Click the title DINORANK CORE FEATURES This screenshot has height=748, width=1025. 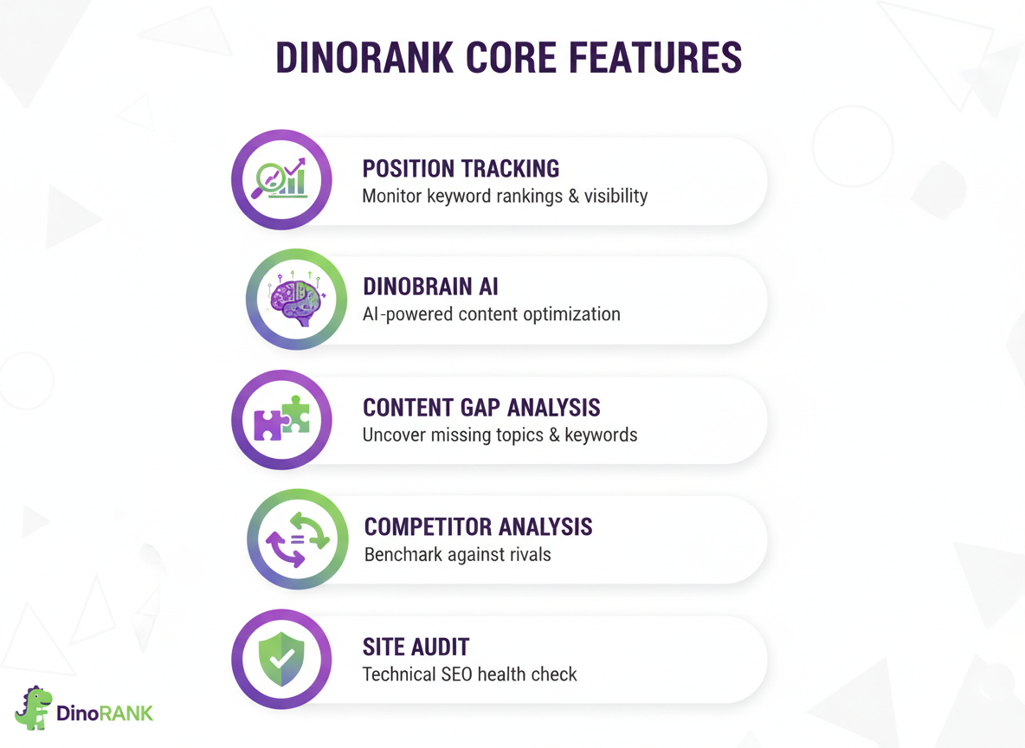click(508, 58)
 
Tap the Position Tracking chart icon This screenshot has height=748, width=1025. click(281, 179)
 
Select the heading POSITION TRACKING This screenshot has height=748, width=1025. click(461, 168)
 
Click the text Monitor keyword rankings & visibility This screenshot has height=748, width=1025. click(505, 196)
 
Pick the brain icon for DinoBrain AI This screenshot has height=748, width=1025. click(297, 300)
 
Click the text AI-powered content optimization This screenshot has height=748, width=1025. click(491, 313)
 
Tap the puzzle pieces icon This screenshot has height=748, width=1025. click(281, 419)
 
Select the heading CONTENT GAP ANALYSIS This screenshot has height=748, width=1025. click(481, 407)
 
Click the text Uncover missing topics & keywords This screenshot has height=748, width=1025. click(500, 435)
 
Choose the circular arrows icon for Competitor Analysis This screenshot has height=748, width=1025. click(297, 538)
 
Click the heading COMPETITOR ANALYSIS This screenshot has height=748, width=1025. click(478, 526)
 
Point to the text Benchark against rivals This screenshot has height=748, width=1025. click(457, 554)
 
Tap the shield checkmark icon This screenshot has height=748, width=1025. click(281, 660)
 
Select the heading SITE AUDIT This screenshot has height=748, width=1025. click(416, 646)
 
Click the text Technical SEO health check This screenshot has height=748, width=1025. click(469, 674)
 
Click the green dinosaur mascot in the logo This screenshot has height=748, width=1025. click(34, 708)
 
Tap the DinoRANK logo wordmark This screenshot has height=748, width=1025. click(105, 713)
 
